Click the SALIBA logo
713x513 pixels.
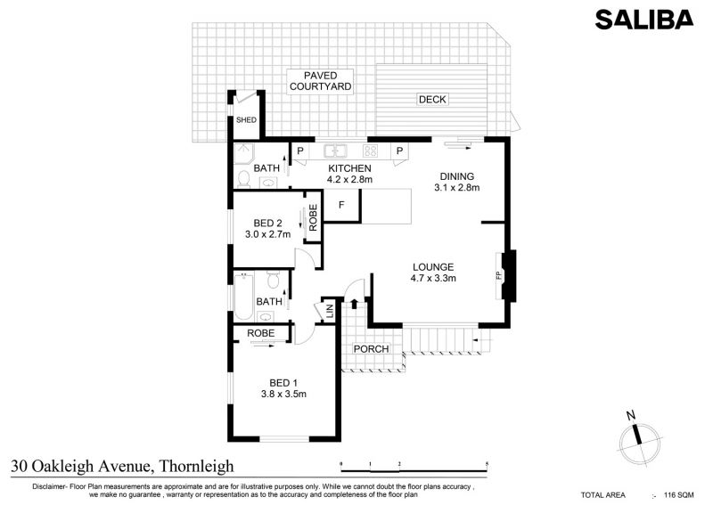pyautogui.click(x=644, y=20)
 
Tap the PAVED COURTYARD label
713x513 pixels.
pyautogui.click(x=321, y=81)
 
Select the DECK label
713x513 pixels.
pyautogui.click(x=432, y=99)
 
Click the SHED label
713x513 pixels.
pyautogui.click(x=246, y=120)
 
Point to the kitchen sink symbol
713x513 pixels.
pyautogui.click(x=336, y=151)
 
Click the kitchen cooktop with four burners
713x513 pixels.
pyautogui.click(x=370, y=151)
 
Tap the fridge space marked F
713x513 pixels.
pyautogui.click(x=341, y=206)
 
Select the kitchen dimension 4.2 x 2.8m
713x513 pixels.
pyautogui.click(x=349, y=180)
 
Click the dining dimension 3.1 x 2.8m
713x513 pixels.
pyautogui.click(x=457, y=188)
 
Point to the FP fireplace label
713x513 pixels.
pyautogui.click(x=499, y=275)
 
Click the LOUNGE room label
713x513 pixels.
pyautogui.click(x=433, y=267)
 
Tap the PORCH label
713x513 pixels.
pyautogui.click(x=371, y=349)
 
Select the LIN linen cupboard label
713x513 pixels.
pyautogui.click(x=330, y=311)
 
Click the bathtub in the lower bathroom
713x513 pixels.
pyautogui.click(x=243, y=297)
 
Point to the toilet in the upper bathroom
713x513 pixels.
pyautogui.click(x=243, y=180)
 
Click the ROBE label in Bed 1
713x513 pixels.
pyautogui.click(x=260, y=333)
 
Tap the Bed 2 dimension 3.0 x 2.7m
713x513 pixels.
pyautogui.click(x=268, y=234)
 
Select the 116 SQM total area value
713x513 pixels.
pyautogui.click(x=679, y=495)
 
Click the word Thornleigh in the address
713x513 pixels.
pyautogui.click(x=197, y=466)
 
